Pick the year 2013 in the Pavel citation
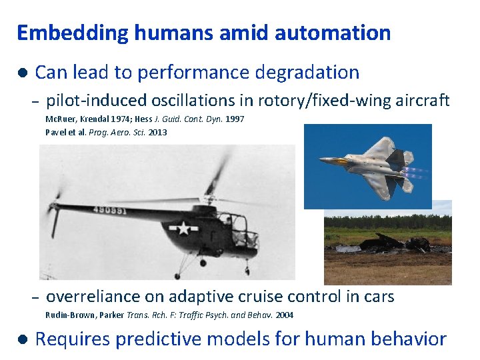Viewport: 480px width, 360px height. coord(158,132)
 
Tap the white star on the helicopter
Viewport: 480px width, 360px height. coord(183,228)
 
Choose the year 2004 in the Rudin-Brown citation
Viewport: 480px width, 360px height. coord(284,315)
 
